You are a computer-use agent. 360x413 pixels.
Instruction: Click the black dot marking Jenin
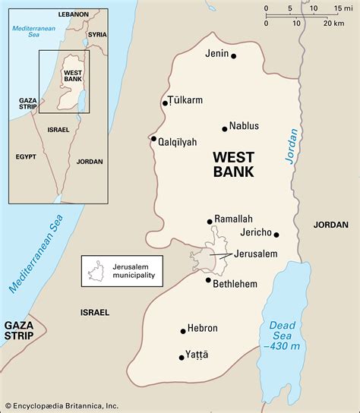[234, 56]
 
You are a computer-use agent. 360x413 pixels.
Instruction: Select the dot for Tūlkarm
[165, 103]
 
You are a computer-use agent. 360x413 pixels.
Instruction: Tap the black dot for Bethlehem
[208, 280]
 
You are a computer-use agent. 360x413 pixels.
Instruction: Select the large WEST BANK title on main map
[233, 164]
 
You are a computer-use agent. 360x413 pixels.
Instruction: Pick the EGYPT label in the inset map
[26, 156]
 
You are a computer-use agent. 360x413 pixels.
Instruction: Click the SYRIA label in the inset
[96, 35]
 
